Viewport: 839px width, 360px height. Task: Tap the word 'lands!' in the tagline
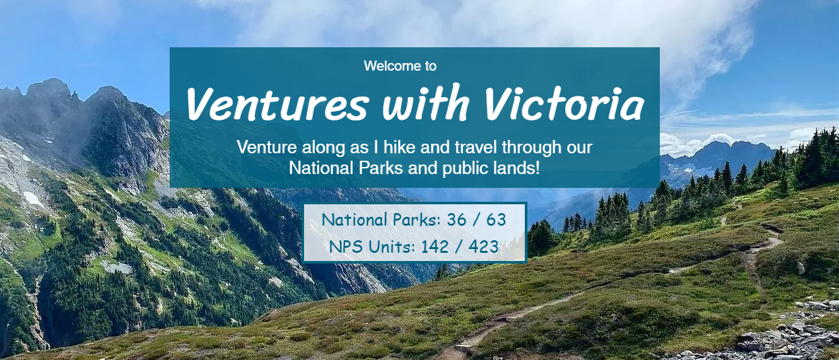point(518,168)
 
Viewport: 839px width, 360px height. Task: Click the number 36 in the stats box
point(456,220)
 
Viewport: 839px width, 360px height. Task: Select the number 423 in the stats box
point(484,247)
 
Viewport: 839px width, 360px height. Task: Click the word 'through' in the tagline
point(528,148)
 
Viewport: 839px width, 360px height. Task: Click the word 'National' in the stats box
point(355,220)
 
